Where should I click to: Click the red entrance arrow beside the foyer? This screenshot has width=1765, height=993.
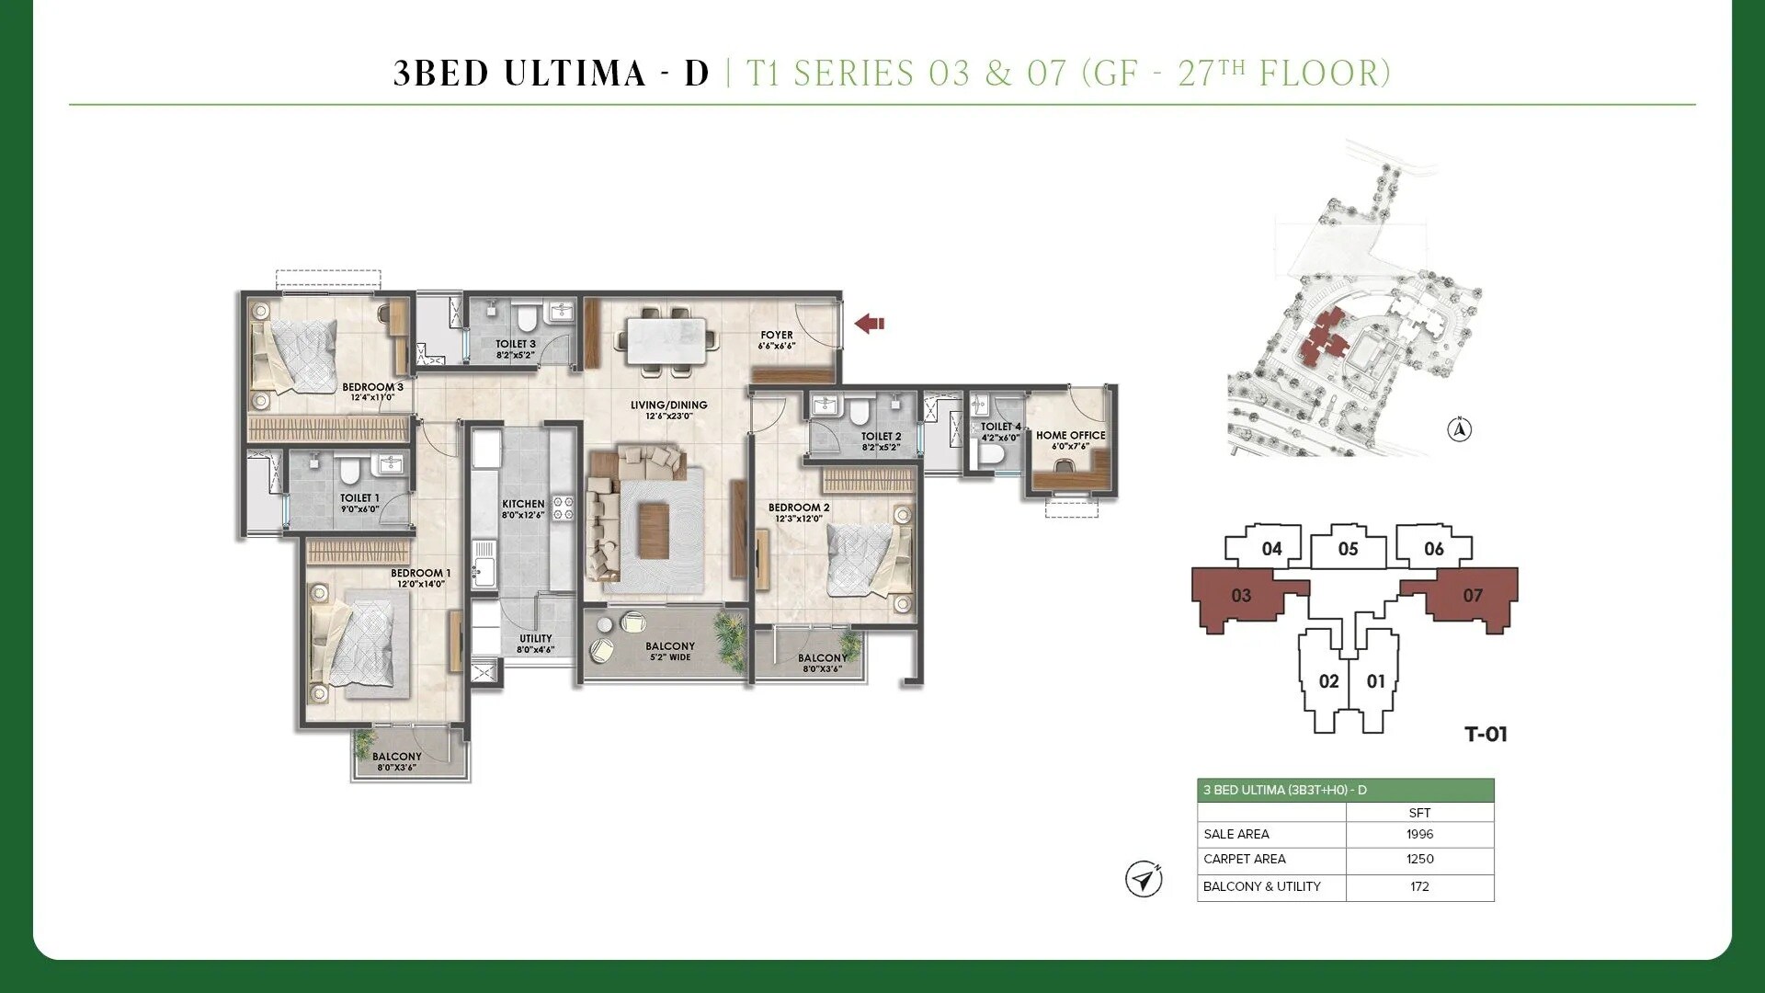pyautogui.click(x=869, y=324)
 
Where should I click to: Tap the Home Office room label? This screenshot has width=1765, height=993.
pyautogui.click(x=1070, y=436)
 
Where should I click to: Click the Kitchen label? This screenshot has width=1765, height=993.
pyautogui.click(x=523, y=504)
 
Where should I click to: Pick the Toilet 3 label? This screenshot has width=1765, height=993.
pyautogui.click(x=515, y=344)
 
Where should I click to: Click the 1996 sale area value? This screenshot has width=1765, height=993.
pyautogui.click(x=1419, y=834)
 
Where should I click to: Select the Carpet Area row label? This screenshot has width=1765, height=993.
pyautogui.click(x=1244, y=859)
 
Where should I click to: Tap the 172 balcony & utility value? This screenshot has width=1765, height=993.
pyautogui.click(x=1419, y=886)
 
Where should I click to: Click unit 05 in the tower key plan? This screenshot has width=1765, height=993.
pyautogui.click(x=1348, y=549)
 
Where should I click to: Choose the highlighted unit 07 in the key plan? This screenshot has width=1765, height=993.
pyautogui.click(x=1472, y=596)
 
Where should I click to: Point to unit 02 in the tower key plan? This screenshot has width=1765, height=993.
pyautogui.click(x=1328, y=681)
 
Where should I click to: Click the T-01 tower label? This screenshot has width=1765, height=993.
pyautogui.click(x=1486, y=734)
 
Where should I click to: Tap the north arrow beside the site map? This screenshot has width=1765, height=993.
pyautogui.click(x=1459, y=429)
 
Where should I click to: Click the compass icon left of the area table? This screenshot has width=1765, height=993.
pyautogui.click(x=1144, y=879)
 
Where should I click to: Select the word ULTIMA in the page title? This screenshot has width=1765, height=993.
pyautogui.click(x=575, y=74)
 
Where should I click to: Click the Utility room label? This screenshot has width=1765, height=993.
pyautogui.click(x=535, y=638)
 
